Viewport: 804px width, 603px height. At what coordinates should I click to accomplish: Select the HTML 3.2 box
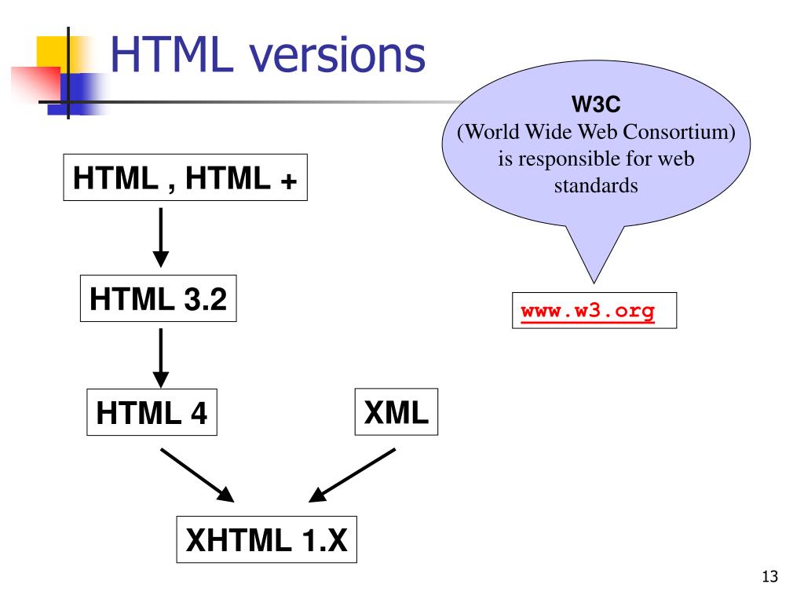click(x=158, y=298)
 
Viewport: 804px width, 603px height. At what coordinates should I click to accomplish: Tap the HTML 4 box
click(x=152, y=412)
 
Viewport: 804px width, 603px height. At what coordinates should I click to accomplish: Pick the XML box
click(x=396, y=411)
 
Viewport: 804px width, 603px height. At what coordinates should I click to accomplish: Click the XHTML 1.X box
click(x=266, y=539)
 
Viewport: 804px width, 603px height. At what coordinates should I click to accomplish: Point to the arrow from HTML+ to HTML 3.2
click(x=161, y=236)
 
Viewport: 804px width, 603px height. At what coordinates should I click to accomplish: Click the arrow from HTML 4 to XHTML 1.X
click(x=197, y=475)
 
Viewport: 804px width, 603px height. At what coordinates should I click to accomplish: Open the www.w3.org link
click(x=587, y=311)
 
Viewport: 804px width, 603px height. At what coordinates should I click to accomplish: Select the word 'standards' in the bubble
click(x=597, y=187)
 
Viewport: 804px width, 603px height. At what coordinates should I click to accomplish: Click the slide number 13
click(x=769, y=578)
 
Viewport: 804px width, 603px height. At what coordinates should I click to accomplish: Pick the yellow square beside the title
click(x=52, y=50)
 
